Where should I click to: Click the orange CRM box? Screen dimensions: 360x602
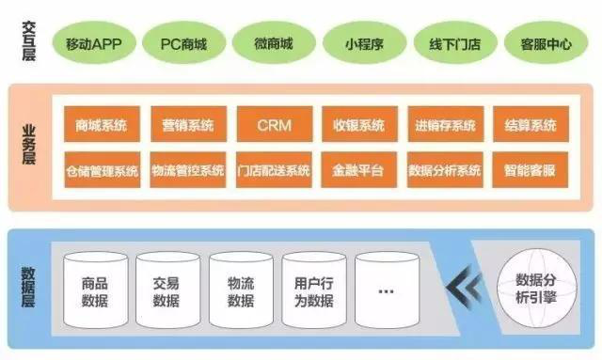coord(273,124)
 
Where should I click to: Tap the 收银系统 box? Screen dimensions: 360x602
coord(358,124)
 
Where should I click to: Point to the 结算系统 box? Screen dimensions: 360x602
coord(530,124)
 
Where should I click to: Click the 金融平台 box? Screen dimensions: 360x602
coord(358,170)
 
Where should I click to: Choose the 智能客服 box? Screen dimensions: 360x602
coord(530,170)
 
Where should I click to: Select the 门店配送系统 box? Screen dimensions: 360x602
coord(273,170)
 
